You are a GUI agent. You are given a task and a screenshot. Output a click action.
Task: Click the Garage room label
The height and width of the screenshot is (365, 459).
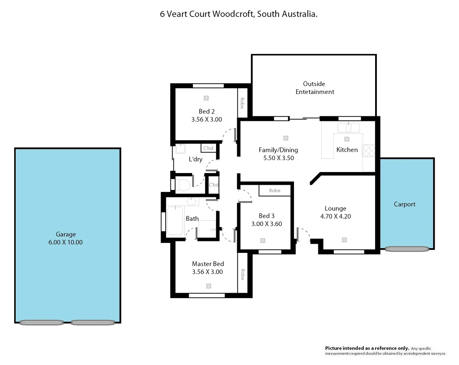(66, 234)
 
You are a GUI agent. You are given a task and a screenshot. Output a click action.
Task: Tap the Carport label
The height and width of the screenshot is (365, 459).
(405, 204)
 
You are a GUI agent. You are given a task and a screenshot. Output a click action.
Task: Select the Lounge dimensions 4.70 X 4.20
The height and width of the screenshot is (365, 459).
(336, 217)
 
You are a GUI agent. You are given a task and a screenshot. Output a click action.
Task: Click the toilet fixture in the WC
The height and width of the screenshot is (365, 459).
(183, 185)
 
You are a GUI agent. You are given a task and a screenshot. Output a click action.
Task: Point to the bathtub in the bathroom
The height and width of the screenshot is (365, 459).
(175, 221)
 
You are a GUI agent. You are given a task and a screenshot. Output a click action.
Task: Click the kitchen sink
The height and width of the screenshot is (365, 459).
(348, 128)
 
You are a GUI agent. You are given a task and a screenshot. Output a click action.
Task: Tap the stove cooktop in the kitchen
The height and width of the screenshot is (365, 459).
(369, 151)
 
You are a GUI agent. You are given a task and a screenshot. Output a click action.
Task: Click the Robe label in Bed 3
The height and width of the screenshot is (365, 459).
(275, 191)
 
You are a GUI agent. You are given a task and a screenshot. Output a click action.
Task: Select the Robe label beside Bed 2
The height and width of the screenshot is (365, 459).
(242, 103)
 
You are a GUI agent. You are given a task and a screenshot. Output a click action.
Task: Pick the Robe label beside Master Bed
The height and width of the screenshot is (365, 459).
(243, 274)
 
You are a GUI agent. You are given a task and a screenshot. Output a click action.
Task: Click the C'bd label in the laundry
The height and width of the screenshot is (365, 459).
(208, 148)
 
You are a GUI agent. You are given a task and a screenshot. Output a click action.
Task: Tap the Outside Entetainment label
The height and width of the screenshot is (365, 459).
(314, 88)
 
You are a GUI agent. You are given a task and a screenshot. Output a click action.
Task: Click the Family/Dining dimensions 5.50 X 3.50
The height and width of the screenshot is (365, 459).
(278, 158)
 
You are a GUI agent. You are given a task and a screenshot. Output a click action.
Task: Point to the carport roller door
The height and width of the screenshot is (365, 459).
(407, 249)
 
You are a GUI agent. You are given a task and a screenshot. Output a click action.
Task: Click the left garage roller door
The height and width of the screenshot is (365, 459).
(42, 322)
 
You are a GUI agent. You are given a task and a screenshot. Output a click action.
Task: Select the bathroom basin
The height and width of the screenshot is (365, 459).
(191, 202)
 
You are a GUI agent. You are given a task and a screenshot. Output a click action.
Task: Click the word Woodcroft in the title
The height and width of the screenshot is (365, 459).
(233, 14)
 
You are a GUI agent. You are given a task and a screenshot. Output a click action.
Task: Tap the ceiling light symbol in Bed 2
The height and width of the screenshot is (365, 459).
(206, 98)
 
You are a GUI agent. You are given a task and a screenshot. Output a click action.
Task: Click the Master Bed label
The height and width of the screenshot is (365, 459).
(208, 264)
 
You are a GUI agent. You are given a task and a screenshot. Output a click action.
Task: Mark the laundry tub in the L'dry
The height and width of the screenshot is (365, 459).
(180, 149)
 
